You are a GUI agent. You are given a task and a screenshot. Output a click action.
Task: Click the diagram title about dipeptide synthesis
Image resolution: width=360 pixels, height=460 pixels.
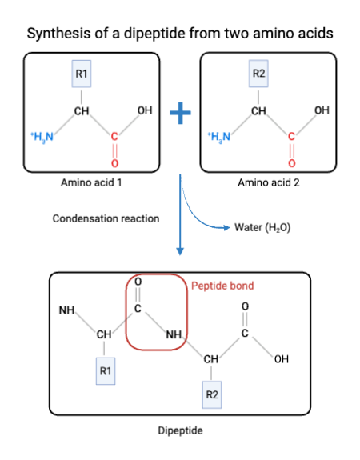click(179, 34)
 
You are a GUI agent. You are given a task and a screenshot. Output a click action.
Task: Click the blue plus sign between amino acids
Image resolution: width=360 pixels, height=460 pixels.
click(180, 114)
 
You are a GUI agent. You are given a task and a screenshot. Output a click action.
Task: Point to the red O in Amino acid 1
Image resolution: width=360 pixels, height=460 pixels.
click(115, 163)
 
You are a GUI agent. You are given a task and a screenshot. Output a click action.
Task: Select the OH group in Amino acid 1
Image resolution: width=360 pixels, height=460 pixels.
click(145, 110)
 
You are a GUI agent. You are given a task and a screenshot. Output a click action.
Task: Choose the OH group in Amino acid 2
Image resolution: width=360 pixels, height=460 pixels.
click(322, 110)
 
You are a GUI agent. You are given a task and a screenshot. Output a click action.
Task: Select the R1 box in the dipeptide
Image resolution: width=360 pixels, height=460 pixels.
click(105, 372)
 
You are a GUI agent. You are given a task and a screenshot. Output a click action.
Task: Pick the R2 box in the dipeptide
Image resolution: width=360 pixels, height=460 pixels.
click(212, 395)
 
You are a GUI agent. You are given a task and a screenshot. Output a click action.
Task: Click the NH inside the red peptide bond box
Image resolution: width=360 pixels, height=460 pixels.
click(174, 334)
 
